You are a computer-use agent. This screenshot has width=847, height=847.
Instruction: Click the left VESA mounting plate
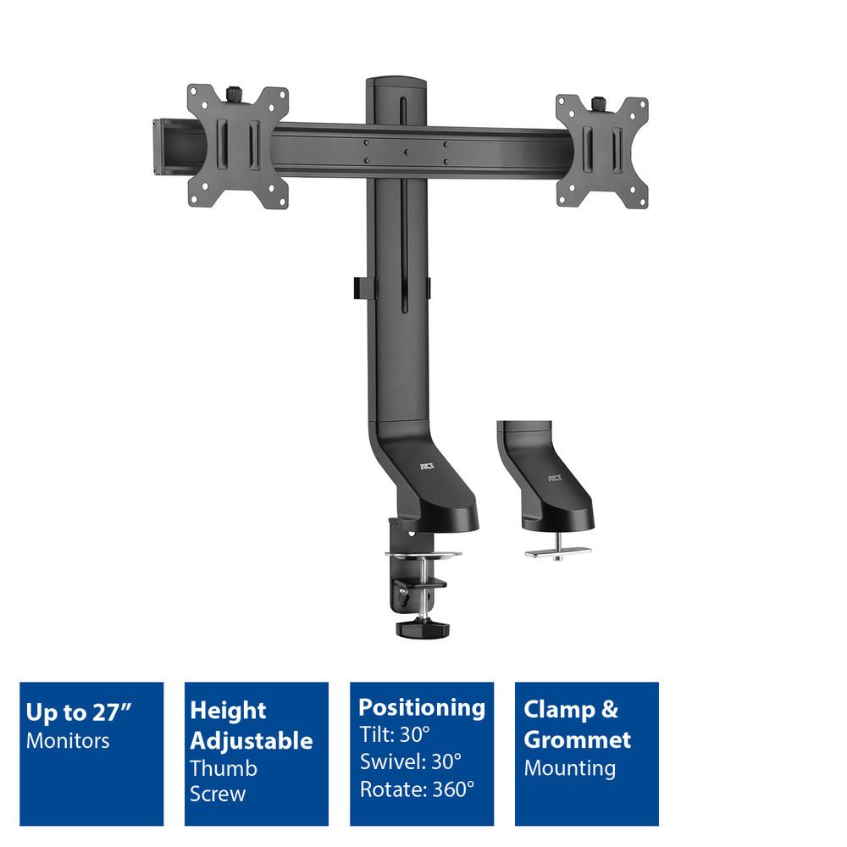(x=238, y=146)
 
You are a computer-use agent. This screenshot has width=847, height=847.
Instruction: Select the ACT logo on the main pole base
(x=426, y=465)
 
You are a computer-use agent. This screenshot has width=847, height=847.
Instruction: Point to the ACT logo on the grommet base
(x=555, y=479)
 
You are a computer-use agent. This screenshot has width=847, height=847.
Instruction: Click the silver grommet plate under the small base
(x=557, y=551)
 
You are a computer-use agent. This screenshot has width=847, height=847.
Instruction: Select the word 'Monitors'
(x=68, y=740)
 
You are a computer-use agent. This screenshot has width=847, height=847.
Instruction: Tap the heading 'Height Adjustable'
(x=251, y=725)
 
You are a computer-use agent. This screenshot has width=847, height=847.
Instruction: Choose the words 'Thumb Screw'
(x=224, y=781)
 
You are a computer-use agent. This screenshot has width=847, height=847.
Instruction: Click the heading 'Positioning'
(x=422, y=707)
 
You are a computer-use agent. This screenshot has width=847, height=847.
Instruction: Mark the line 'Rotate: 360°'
(x=417, y=789)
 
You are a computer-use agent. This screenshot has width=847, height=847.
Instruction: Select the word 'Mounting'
(x=569, y=768)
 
